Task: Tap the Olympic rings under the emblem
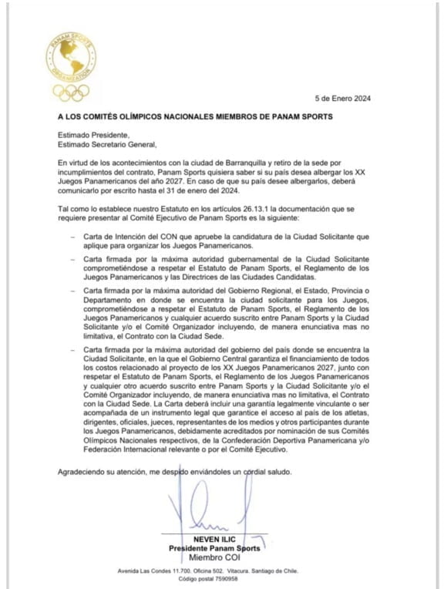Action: [71, 93]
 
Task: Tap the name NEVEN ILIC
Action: [216, 538]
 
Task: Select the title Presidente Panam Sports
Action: [215, 547]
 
